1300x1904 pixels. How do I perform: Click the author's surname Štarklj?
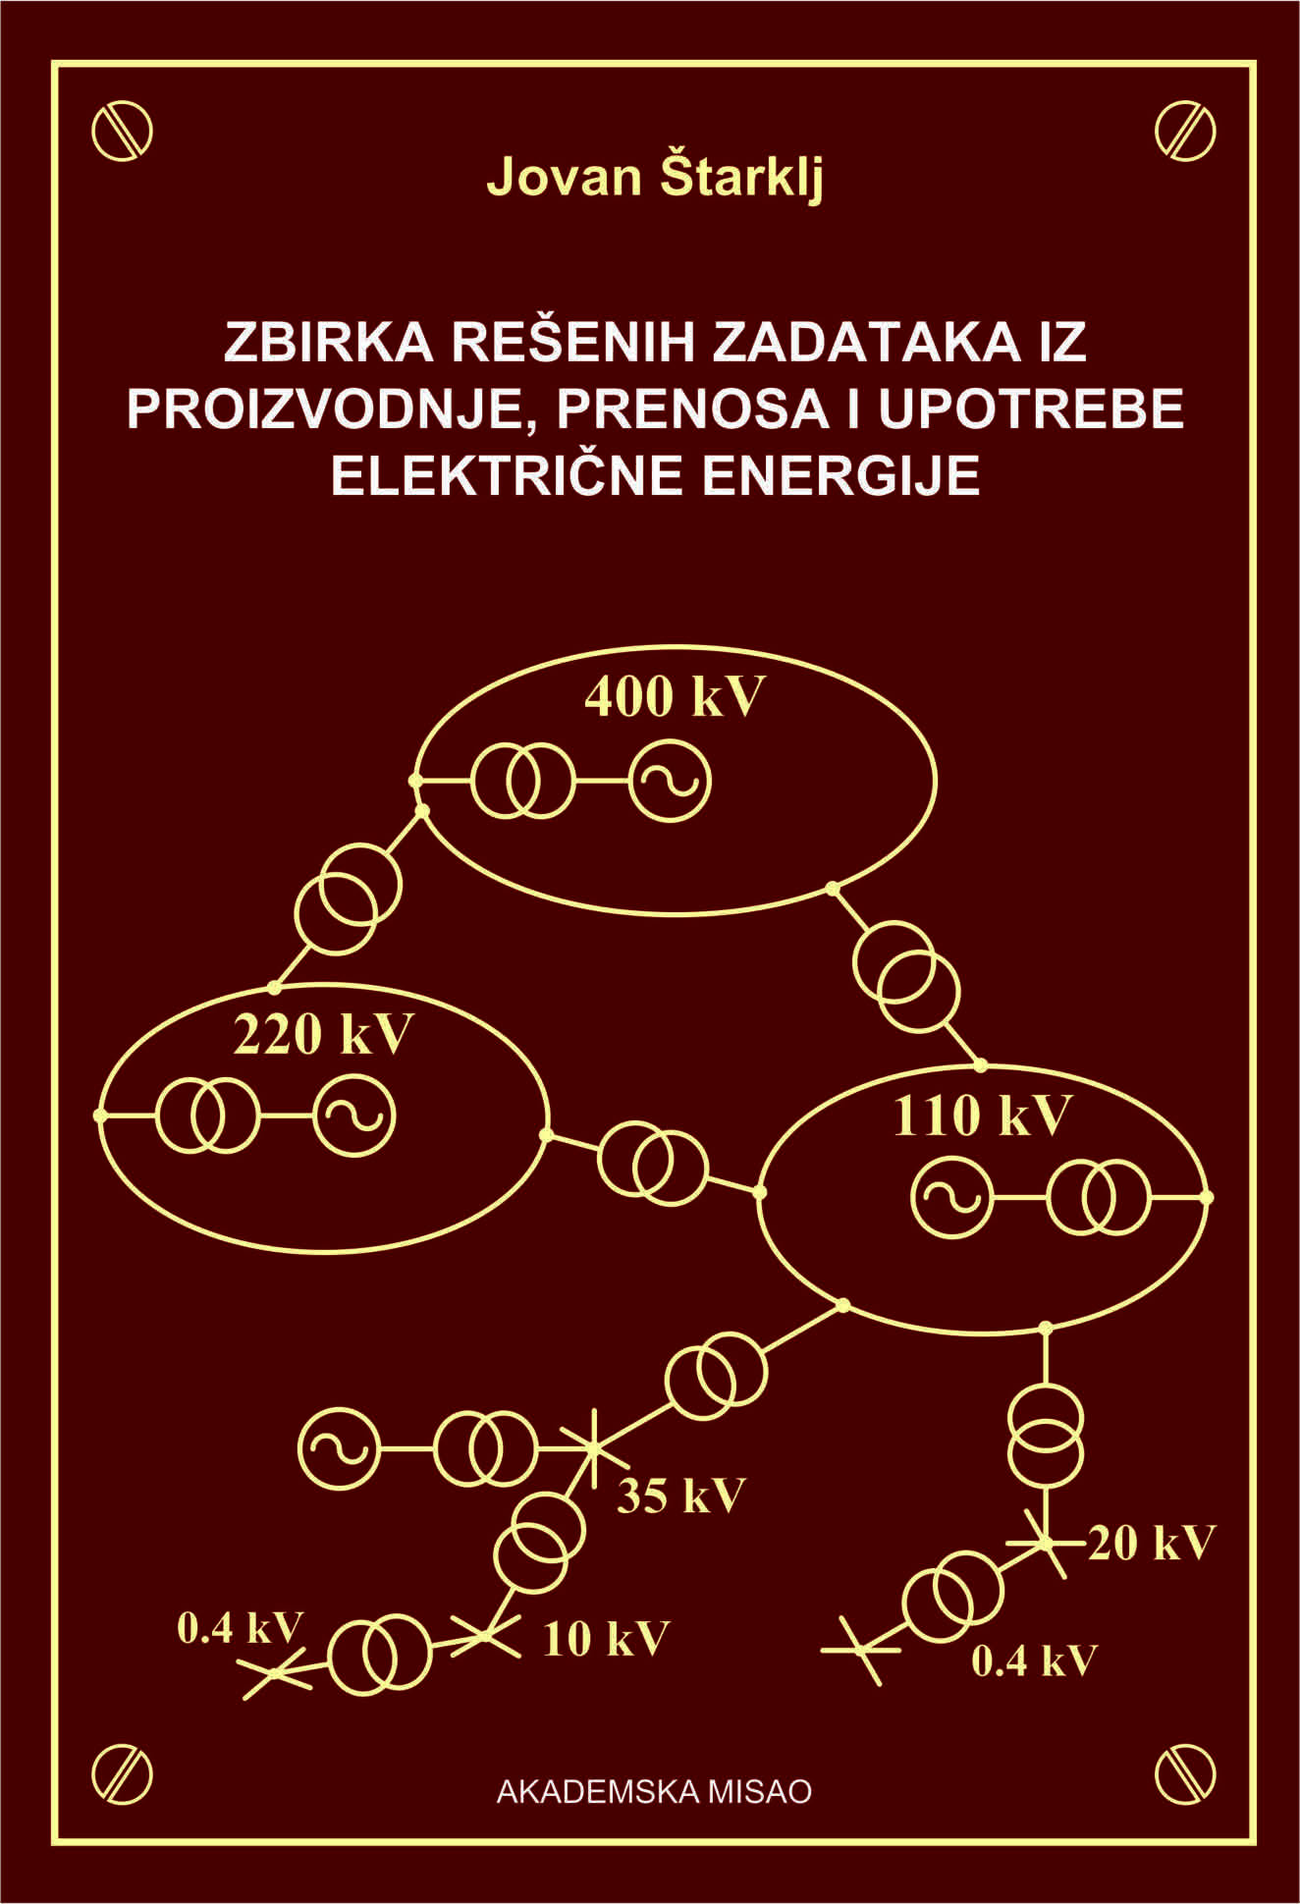point(739,178)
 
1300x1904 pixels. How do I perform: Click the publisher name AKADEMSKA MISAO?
point(654,1791)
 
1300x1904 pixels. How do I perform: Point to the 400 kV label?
point(674,697)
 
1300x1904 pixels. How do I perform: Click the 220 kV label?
point(322,1034)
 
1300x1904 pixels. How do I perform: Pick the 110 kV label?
point(981,1115)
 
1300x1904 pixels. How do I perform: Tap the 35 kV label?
point(680,1496)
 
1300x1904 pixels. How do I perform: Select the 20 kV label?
point(1151,1543)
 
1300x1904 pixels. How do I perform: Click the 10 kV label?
point(605,1639)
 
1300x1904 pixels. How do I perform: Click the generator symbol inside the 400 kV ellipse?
point(670,782)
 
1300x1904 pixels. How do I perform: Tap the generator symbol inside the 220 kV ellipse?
point(354,1115)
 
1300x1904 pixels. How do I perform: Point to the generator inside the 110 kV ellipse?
point(951,1197)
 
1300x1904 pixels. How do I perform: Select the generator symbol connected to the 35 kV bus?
point(339,1448)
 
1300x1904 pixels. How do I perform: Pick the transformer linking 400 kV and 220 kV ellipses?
point(349,898)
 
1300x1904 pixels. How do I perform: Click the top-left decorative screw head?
point(122,130)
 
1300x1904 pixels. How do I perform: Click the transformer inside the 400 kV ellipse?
point(521,782)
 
